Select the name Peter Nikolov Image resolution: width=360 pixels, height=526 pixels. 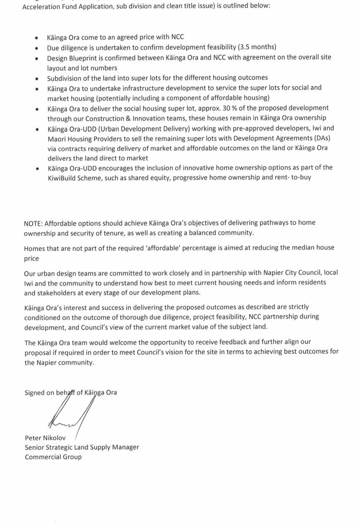point(45,438)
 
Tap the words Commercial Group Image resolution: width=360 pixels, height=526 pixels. point(53,457)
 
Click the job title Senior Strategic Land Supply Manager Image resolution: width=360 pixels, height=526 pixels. point(82,447)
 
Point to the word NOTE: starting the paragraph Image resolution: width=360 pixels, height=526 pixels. point(33,223)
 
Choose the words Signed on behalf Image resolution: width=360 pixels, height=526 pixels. point(49,393)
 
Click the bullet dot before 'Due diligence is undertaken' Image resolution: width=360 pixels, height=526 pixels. point(37,48)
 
